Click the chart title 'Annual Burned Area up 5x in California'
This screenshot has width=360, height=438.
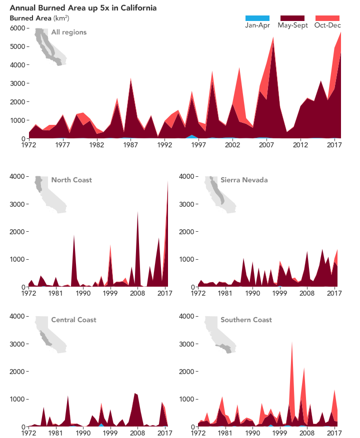pyautogui.click(x=83, y=8)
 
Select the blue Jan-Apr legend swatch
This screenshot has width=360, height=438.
pyautogui.click(x=257, y=18)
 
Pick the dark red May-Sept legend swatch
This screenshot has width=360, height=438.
pyautogui.click(x=292, y=18)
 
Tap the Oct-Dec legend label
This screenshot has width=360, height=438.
pyautogui.click(x=327, y=25)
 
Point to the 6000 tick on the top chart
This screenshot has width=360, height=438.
pyautogui.click(x=17, y=28)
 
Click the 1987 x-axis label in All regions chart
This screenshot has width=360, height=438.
pyautogui.click(x=131, y=145)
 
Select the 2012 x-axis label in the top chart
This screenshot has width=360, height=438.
pyautogui.click(x=300, y=145)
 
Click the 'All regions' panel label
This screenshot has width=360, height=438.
pyautogui.click(x=68, y=32)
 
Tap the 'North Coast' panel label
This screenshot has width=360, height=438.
pyautogui.click(x=71, y=180)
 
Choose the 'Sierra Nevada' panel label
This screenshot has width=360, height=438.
pyautogui.click(x=244, y=180)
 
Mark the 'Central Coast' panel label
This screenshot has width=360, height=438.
pyautogui.click(x=73, y=320)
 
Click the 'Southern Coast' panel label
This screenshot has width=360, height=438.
pyautogui.click(x=246, y=320)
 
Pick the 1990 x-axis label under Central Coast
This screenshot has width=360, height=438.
pyautogui.click(x=83, y=434)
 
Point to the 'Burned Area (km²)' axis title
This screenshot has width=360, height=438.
pyautogui.click(x=39, y=18)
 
